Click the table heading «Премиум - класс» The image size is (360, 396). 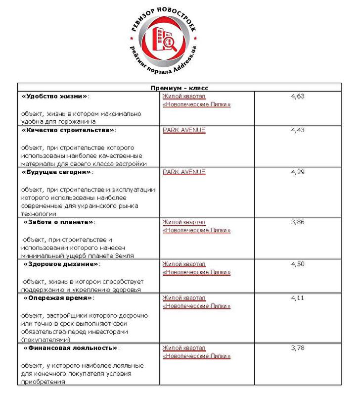pyautogui.click(x=180, y=87)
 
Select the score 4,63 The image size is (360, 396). pyautogui.click(x=298, y=96)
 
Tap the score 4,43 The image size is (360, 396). pyautogui.click(x=298, y=130)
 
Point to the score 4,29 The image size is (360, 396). pyautogui.click(x=298, y=172)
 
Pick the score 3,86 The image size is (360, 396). pyautogui.click(x=298, y=222)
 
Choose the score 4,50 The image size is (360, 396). pyautogui.click(x=298, y=264)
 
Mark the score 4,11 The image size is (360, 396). pyautogui.click(x=298, y=298)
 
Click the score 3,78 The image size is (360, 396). pyautogui.click(x=298, y=348)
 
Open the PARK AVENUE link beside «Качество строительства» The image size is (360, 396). pyautogui.click(x=183, y=130)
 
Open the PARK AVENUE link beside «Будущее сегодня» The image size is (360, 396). pyautogui.click(x=183, y=172)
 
